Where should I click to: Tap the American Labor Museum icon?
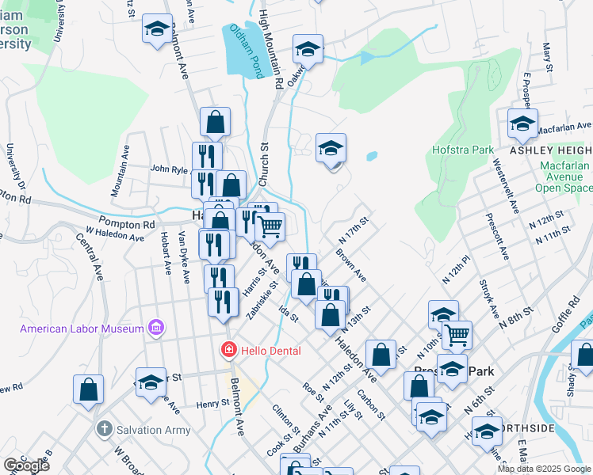coord(157,328)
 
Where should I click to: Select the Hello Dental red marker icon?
coord(228,348)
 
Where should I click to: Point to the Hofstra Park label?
coord(463,150)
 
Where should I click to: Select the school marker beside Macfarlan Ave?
coord(522,123)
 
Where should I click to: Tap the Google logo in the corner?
coord(26,465)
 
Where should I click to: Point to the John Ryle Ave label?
coord(170,169)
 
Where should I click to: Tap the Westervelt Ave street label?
coord(505,185)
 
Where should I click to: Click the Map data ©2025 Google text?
coord(544,469)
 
